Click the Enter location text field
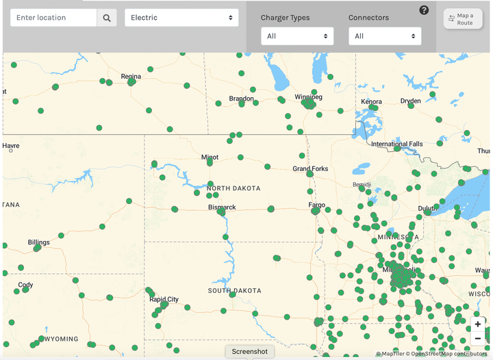tap(53, 18)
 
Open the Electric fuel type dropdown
tap(181, 18)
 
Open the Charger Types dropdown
tap(297, 36)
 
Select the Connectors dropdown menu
tap(385, 36)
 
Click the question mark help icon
tap(425, 10)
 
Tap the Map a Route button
tap(462, 18)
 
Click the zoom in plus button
tap(478, 324)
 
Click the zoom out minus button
tap(478, 338)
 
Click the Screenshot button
tap(250, 351)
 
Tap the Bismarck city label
tap(222, 207)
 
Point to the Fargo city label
tap(316, 205)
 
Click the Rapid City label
tap(164, 299)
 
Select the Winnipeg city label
tap(308, 97)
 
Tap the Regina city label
tap(131, 77)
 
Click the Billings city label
tap(38, 242)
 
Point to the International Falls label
tap(397, 144)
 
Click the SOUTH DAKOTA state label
tap(234, 291)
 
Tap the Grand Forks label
tap(310, 168)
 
